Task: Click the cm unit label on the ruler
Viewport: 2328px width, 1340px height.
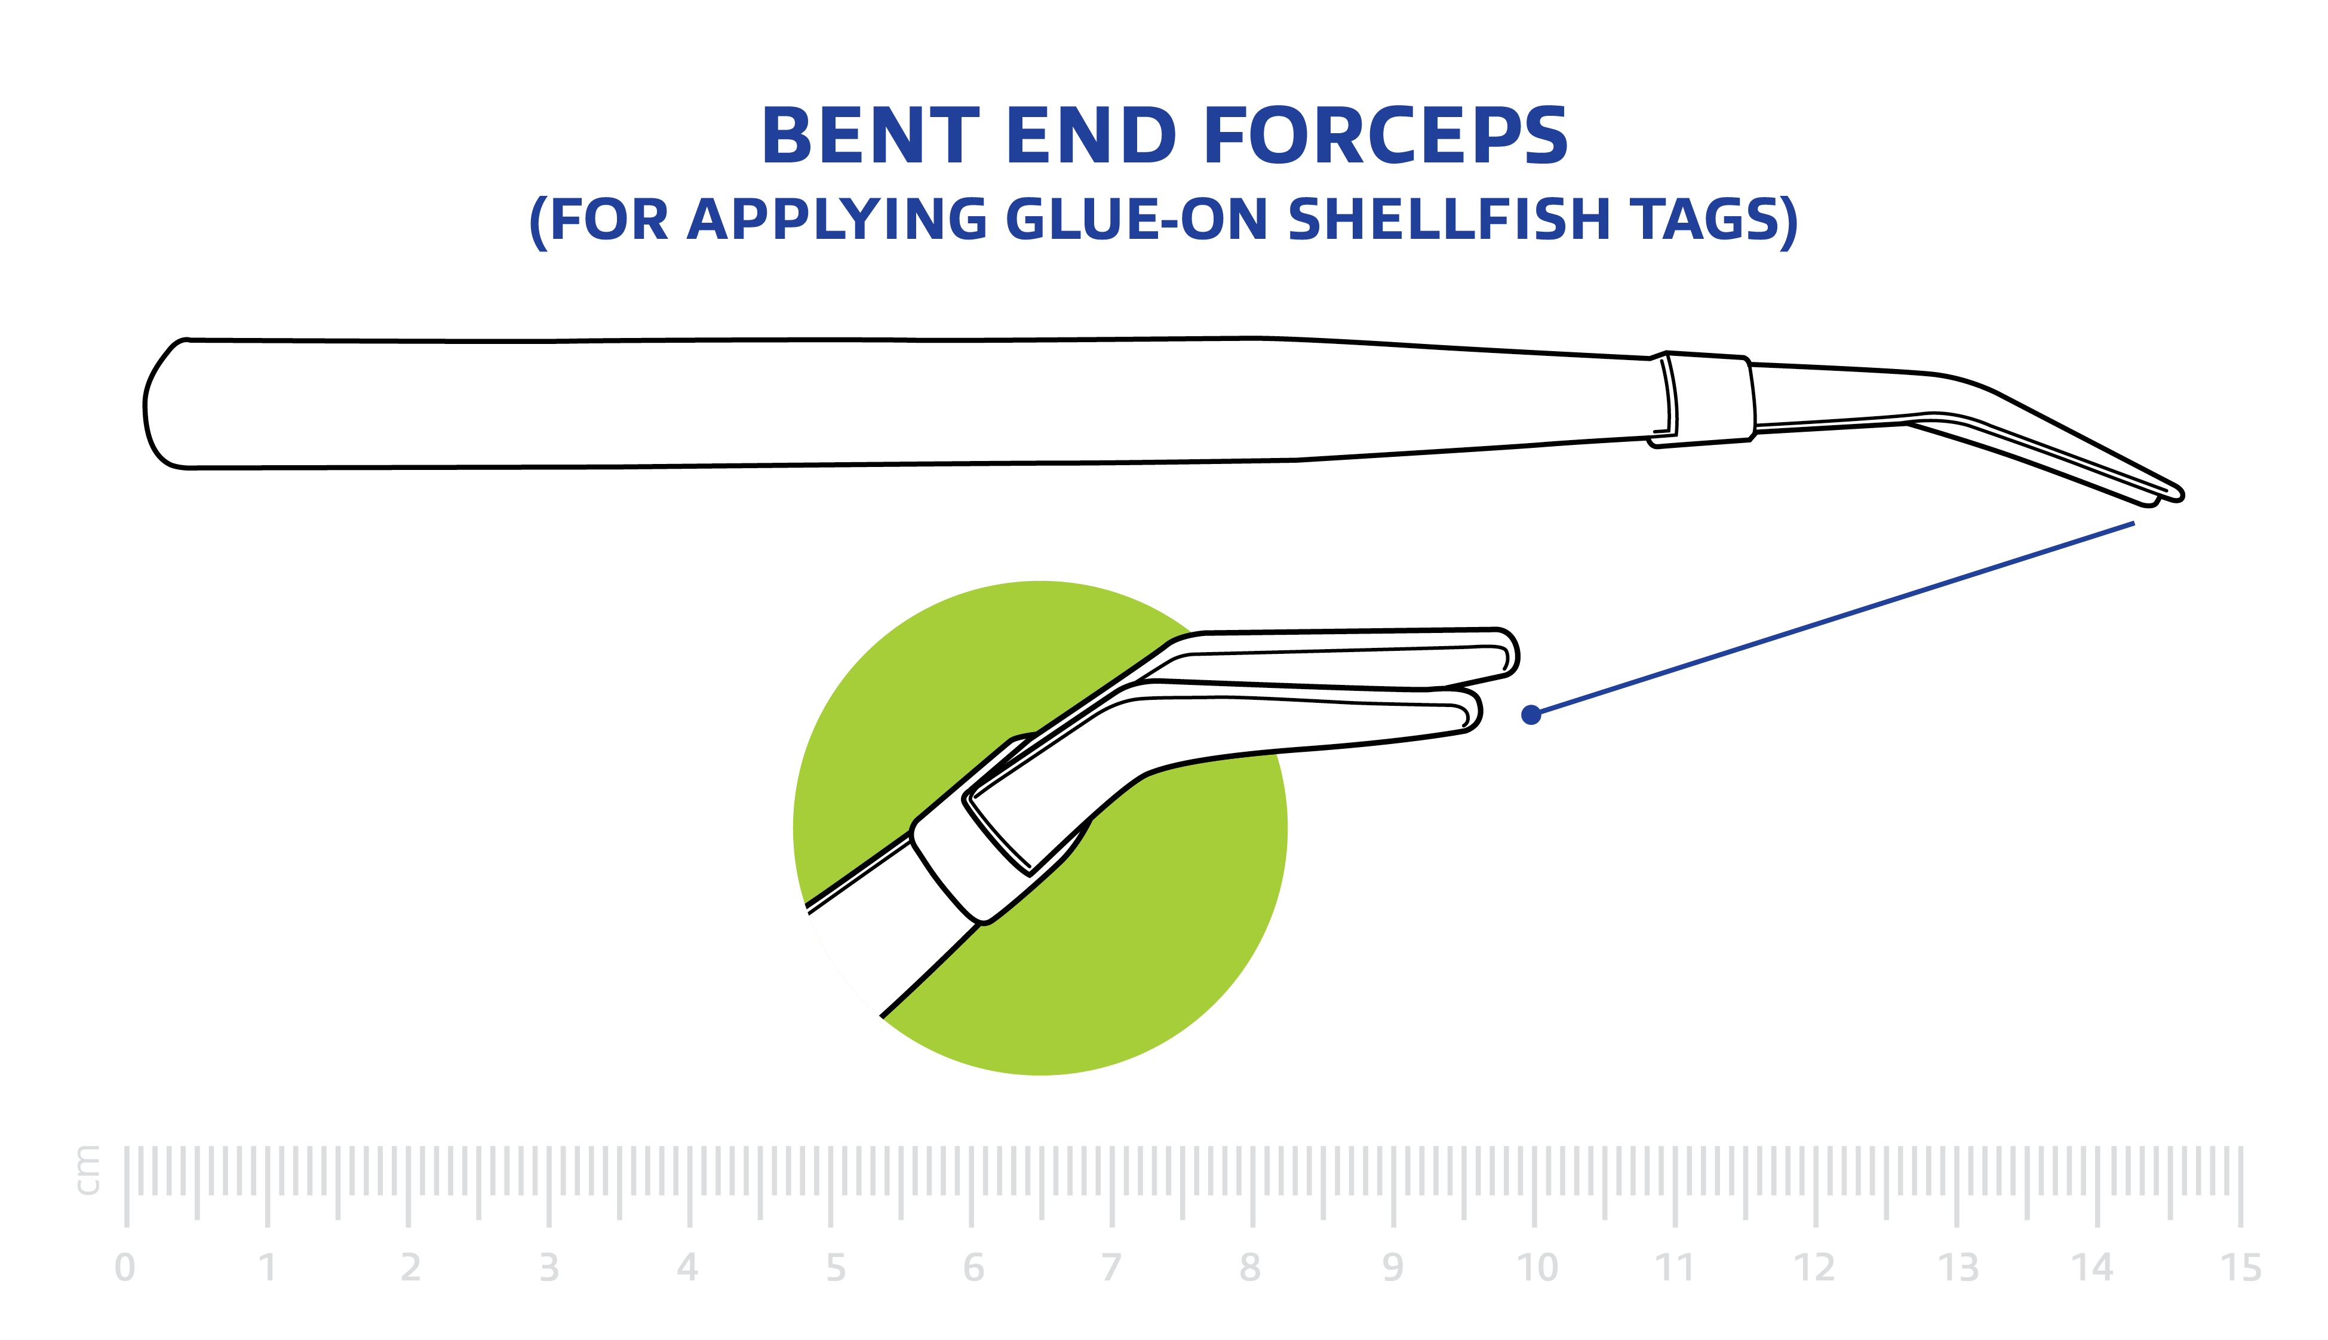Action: click(88, 1170)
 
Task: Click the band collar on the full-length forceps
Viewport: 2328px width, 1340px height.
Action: click(1707, 398)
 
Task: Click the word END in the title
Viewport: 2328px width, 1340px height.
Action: click(1091, 136)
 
